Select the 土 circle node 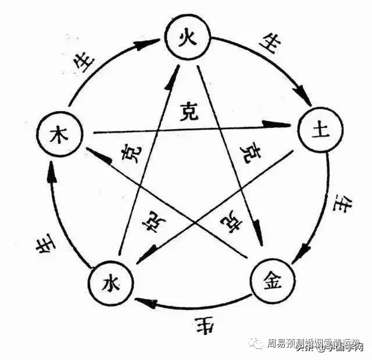point(317,130)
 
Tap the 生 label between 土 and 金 point(339,204)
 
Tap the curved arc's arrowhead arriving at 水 point(146,302)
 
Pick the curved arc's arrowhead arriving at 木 point(52,170)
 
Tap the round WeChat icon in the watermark point(256,344)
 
